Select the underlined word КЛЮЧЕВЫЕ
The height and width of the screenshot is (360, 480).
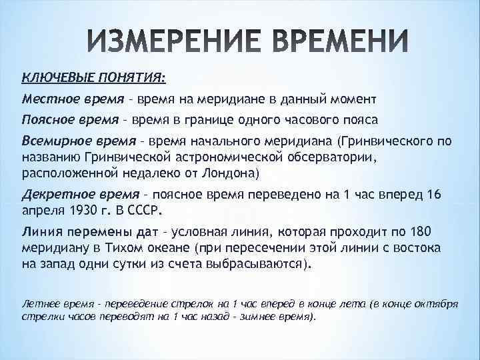[x=53, y=78]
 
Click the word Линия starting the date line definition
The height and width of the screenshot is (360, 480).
[x=40, y=231]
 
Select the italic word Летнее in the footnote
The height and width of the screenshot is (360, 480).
[x=37, y=303]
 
